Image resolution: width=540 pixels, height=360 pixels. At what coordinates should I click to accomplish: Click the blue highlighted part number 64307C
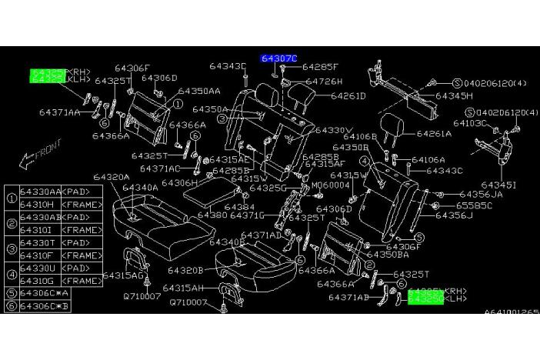(278, 58)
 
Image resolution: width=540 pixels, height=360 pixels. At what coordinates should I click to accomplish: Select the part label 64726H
(324, 81)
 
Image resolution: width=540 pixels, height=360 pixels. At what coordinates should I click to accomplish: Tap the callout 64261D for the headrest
(348, 96)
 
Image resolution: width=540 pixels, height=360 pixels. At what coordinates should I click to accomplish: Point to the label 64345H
(454, 96)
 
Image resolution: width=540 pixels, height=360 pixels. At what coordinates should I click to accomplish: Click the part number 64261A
(434, 133)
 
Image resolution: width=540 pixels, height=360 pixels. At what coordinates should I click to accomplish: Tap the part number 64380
(212, 215)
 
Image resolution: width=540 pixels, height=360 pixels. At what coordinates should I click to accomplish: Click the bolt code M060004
(328, 185)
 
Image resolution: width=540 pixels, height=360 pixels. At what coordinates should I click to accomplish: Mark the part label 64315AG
(124, 275)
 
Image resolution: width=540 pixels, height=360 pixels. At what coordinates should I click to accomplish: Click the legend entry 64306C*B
(45, 308)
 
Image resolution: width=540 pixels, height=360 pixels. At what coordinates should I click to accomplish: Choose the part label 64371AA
(59, 112)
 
